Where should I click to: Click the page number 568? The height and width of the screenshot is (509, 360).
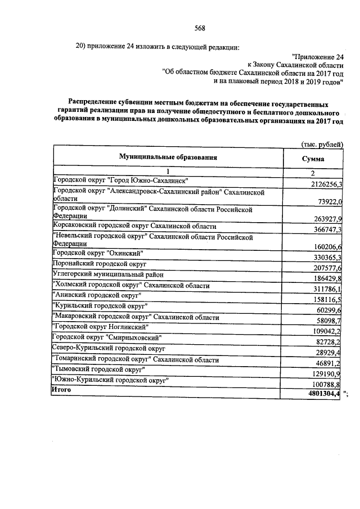click(199, 29)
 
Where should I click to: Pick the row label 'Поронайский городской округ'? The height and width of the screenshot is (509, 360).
click(100, 263)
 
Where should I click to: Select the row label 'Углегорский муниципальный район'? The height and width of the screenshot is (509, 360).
click(108, 274)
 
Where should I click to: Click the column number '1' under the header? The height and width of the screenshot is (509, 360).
click(167, 172)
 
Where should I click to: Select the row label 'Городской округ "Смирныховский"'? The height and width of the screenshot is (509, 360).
click(107, 337)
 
